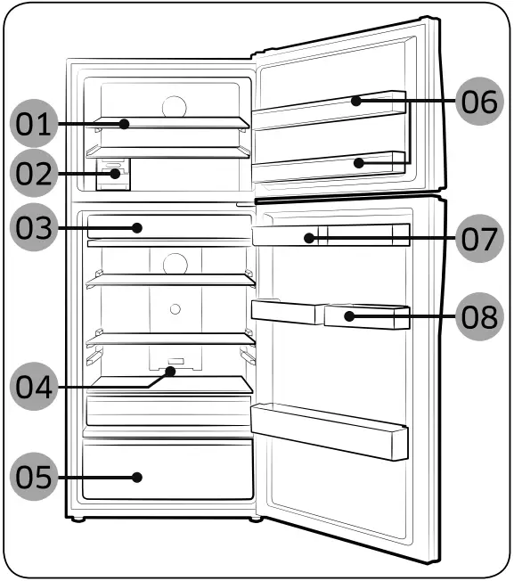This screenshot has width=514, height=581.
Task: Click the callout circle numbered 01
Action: (33, 124)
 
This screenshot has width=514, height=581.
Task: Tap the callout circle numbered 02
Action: (33, 174)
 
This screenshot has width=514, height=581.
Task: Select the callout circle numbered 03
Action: (33, 228)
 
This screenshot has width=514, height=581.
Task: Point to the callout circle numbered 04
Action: (33, 387)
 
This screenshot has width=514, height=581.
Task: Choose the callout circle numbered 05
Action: (33, 477)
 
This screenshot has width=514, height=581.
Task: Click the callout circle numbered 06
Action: (479, 101)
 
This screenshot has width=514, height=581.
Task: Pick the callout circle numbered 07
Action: (479, 238)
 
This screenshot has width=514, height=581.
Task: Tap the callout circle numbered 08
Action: (479, 315)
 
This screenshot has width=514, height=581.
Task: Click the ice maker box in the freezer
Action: (113, 174)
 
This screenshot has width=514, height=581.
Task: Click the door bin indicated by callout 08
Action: (365, 315)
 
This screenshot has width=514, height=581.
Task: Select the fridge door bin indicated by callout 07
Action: (330, 237)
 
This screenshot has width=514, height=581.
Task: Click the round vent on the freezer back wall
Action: (175, 105)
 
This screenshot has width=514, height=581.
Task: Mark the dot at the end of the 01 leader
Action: (127, 124)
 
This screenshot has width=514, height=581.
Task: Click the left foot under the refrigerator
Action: (79, 520)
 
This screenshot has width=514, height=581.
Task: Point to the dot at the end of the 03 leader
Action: (137, 228)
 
